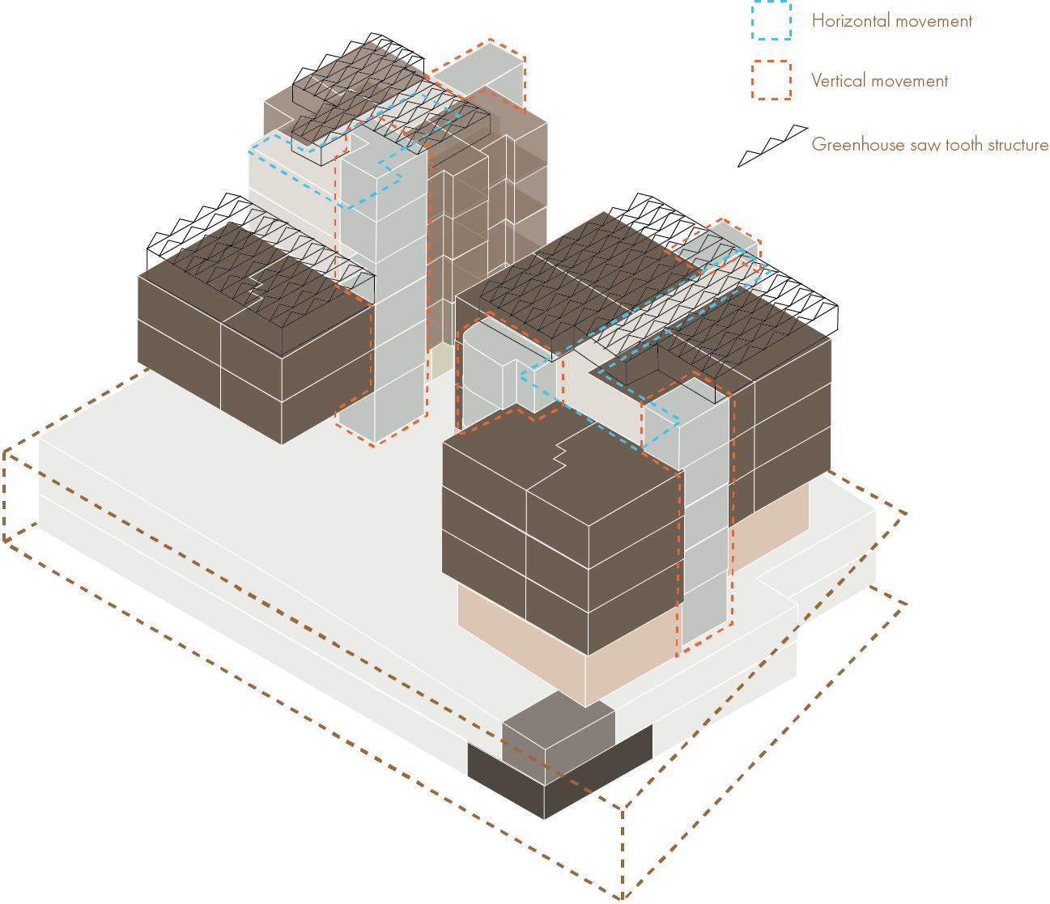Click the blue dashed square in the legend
pos(770,19)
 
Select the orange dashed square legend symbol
pos(770,80)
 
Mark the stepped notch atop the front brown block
pos(559,457)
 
